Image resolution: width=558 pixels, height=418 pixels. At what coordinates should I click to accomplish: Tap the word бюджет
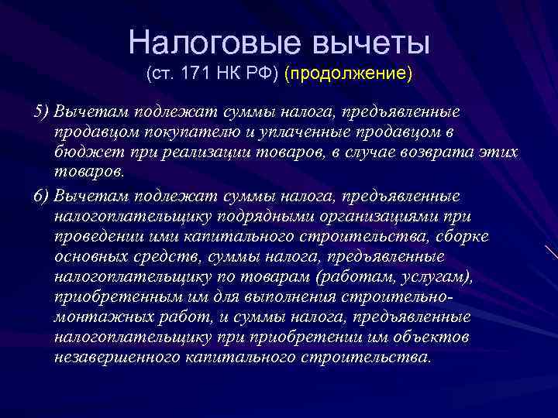82,152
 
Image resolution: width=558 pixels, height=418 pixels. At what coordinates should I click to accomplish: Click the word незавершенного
117,358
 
